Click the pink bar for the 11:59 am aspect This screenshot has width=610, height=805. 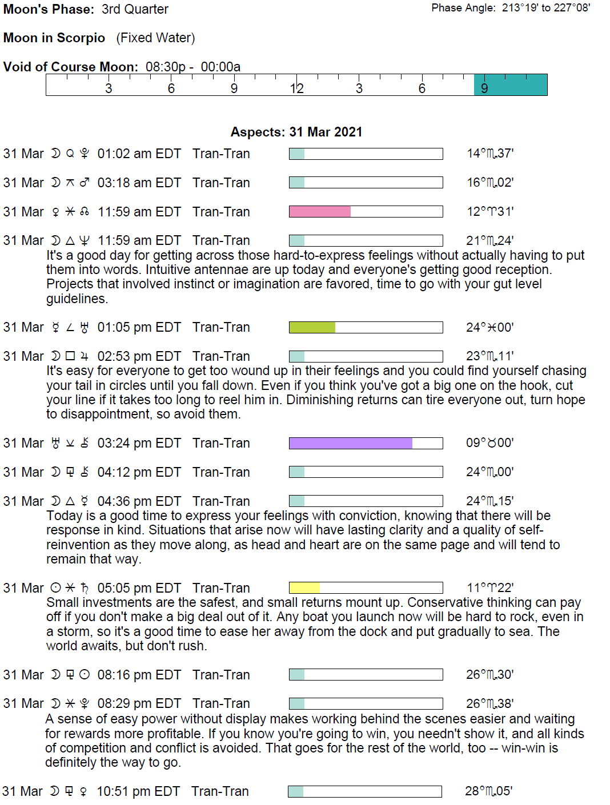point(320,212)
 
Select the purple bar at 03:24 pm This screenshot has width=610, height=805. point(351,444)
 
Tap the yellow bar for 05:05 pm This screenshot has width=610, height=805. point(304,588)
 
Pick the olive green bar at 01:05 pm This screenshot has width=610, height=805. point(312,328)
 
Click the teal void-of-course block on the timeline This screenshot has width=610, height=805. point(511,85)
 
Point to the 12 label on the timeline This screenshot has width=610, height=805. point(296,88)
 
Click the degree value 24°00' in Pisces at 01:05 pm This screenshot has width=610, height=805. point(489,328)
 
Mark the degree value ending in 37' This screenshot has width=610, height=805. point(490,154)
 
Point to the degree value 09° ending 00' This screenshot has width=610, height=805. point(489,443)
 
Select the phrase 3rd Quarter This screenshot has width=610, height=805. point(135,10)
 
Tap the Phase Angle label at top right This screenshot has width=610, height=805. point(463,8)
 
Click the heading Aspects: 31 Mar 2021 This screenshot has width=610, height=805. point(296,132)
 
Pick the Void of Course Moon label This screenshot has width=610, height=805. point(71,67)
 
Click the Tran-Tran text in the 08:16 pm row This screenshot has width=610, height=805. point(221,675)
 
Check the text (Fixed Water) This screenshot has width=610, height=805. point(155,38)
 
